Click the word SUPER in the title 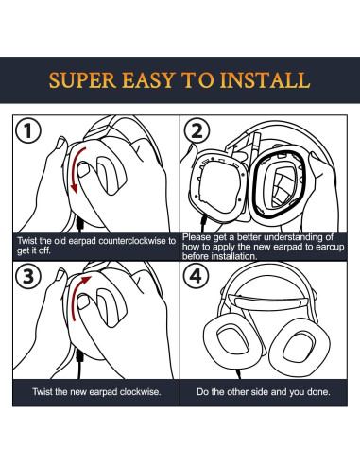[83, 80]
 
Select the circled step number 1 [28, 130]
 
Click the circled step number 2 [197, 130]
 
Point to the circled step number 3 [28, 276]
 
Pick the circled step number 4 [197, 276]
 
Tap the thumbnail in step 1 [83, 169]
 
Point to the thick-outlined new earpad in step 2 [279, 186]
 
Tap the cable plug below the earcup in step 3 [79, 357]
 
